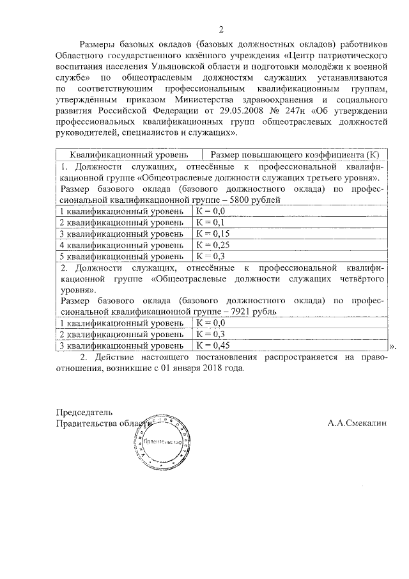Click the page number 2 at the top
pos(221,29)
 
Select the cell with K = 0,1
pos(211,222)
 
